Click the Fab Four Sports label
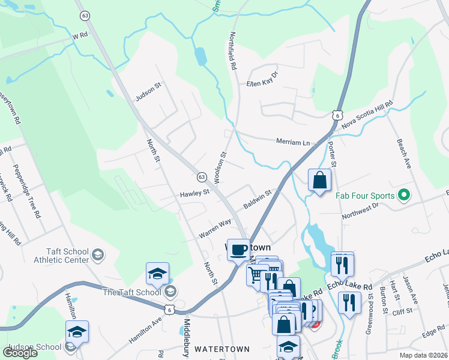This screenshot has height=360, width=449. [364, 196]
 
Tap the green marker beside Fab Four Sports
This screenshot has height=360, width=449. [404, 196]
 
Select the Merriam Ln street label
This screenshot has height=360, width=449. [292, 143]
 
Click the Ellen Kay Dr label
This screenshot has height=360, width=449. [263, 79]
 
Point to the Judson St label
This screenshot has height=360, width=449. [149, 92]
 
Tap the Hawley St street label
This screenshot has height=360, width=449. [194, 193]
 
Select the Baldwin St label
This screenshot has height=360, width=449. [258, 200]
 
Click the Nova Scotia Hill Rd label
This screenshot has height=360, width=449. [367, 115]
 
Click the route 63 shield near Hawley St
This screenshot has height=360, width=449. [202, 177]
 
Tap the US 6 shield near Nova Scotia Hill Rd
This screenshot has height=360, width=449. [338, 115]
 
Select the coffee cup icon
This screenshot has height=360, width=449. [238, 249]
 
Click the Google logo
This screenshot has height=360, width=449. [20, 353]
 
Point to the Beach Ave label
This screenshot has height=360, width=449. [403, 154]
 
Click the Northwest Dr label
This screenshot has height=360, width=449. [360, 210]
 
